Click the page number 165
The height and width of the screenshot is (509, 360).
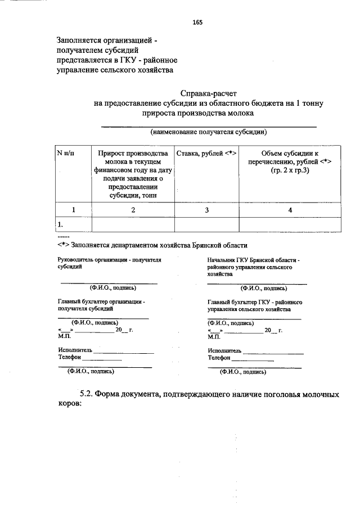point(197,22)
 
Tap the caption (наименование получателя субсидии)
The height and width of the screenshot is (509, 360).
point(208,132)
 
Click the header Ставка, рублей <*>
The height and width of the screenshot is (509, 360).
point(206,153)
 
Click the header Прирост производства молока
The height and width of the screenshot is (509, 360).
point(133,174)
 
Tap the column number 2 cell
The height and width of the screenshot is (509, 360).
point(133,210)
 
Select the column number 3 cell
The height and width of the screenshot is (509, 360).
point(206,210)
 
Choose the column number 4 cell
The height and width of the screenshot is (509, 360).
point(290,210)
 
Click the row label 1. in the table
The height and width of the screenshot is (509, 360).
point(60,225)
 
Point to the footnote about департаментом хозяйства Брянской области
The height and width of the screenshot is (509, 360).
point(152,245)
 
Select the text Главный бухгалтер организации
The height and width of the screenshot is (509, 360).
point(101,305)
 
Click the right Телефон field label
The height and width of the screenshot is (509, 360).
point(220,357)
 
